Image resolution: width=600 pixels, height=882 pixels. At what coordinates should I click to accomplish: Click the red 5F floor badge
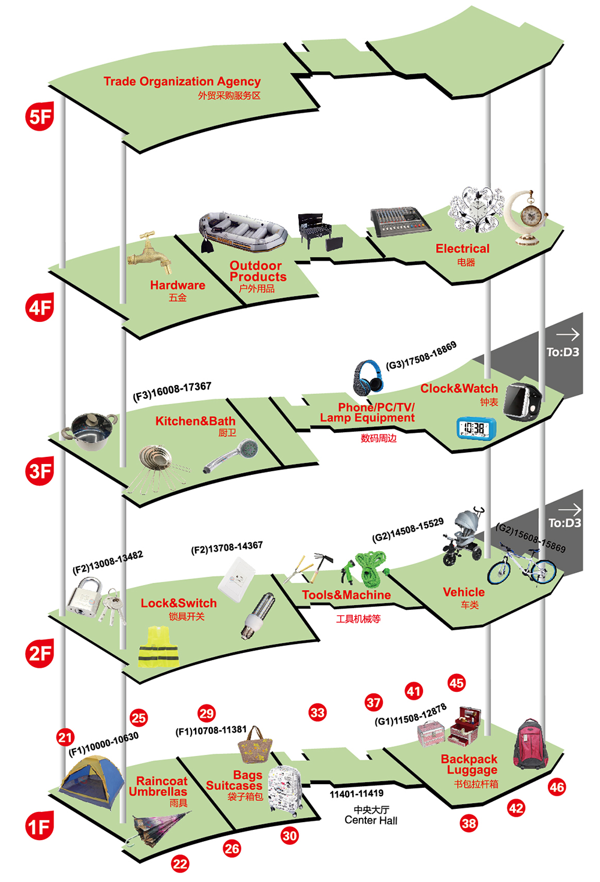coord(40,116)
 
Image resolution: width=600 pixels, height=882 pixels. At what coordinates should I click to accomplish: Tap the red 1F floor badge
coord(40,826)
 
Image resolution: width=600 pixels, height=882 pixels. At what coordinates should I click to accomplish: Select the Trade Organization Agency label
coord(182,82)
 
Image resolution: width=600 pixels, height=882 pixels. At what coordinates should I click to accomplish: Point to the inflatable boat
coord(243,231)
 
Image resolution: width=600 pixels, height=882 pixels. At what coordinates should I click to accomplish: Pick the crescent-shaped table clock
coord(526,216)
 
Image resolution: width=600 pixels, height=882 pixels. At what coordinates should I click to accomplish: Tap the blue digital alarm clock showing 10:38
coord(476,428)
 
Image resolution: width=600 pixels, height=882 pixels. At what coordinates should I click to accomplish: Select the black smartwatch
coord(521,401)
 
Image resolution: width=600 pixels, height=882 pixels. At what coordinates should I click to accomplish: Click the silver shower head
coord(233,456)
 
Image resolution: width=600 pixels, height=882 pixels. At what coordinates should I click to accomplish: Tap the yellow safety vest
coord(158,647)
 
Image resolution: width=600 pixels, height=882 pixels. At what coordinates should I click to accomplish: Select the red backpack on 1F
coord(531,744)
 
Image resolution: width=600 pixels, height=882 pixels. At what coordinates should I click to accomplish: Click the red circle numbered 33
coord(317,712)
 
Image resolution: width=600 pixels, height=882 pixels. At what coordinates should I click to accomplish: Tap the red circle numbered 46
coord(557,787)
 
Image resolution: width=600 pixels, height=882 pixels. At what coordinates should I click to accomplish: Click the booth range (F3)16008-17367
coord(172,391)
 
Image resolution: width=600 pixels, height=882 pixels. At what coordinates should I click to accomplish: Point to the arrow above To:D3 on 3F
coord(567,335)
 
